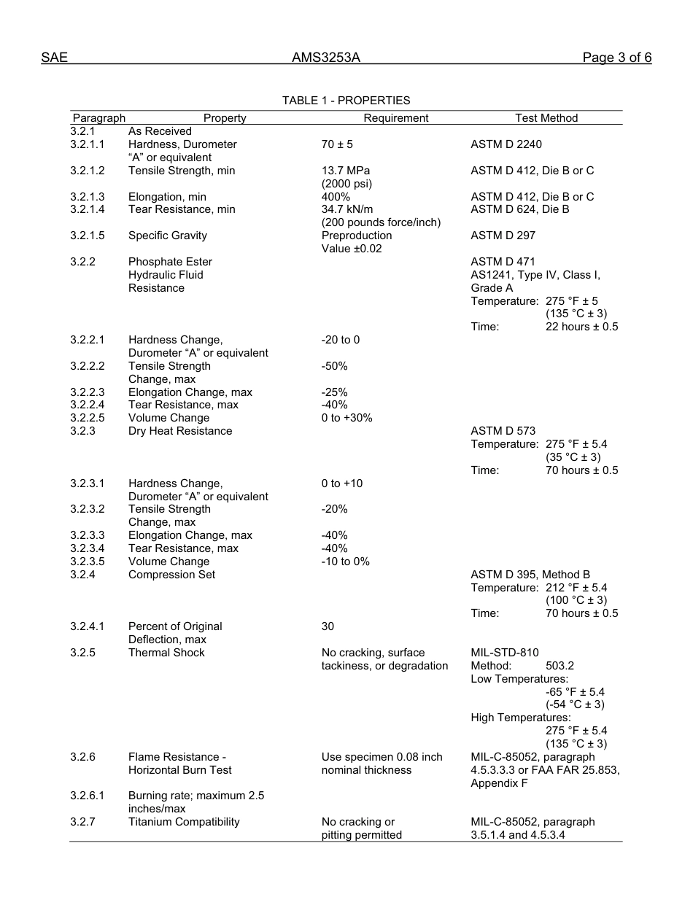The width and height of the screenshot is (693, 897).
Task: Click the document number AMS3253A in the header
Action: click(x=326, y=58)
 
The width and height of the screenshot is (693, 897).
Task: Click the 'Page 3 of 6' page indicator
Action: click(x=616, y=58)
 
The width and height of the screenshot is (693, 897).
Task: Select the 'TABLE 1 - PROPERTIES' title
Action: click(x=346, y=101)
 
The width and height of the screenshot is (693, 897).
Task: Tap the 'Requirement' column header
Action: click(x=396, y=118)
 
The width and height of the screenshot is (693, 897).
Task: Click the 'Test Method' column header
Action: click(x=546, y=118)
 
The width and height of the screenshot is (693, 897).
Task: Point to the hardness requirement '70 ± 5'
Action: click(x=337, y=144)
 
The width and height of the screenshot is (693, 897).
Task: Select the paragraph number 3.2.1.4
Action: click(x=88, y=209)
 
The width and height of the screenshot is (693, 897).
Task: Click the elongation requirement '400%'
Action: click(x=336, y=197)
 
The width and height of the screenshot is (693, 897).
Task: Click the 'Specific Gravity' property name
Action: click(x=168, y=236)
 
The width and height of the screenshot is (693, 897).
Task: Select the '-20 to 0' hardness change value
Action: click(x=341, y=340)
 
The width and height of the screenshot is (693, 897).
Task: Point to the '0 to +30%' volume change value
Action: click(x=346, y=418)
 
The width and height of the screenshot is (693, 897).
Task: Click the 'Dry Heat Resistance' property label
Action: click(x=180, y=431)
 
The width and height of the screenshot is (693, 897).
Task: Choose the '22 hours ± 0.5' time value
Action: click(x=581, y=327)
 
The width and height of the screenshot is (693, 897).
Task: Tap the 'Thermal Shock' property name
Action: click(x=166, y=653)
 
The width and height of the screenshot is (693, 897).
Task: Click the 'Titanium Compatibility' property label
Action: click(x=184, y=822)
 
